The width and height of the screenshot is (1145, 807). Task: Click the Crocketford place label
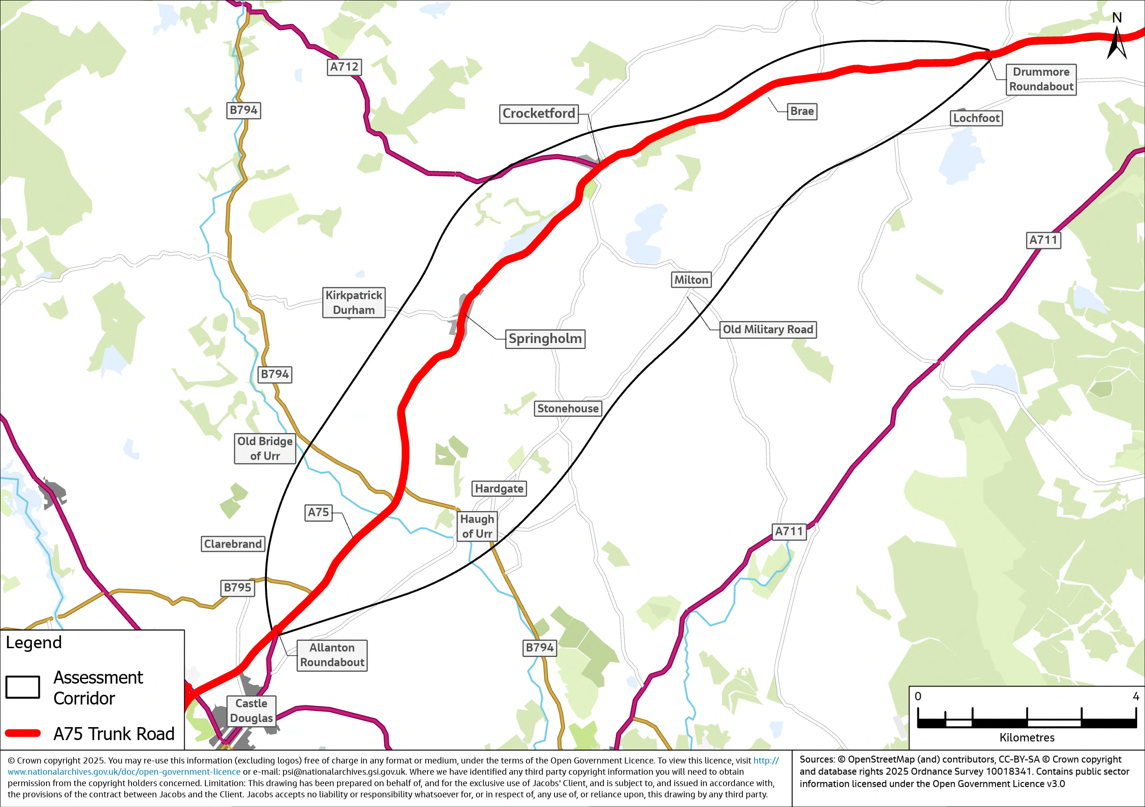point(539,114)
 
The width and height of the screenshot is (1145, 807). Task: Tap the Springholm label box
point(545,339)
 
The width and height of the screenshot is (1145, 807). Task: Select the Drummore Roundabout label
point(1041,79)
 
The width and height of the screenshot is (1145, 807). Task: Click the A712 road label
point(344,67)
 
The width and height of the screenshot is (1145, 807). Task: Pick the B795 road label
point(237,588)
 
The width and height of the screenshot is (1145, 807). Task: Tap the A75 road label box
point(318,512)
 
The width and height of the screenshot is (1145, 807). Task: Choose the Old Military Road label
point(767,330)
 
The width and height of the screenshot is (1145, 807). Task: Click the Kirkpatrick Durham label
point(354,303)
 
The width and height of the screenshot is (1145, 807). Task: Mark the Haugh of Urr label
point(477,527)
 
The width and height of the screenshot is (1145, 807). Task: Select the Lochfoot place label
point(976,118)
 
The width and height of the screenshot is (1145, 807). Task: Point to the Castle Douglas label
point(251,711)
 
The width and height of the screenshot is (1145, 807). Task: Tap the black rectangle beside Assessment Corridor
point(23,687)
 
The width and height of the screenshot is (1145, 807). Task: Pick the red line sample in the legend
point(23,733)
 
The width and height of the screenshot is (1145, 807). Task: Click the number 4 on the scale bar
point(1135,696)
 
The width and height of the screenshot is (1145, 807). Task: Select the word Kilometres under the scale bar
point(1027,738)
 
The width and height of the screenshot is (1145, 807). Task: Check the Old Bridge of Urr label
point(265,448)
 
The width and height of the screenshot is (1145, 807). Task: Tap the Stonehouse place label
point(567,409)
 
